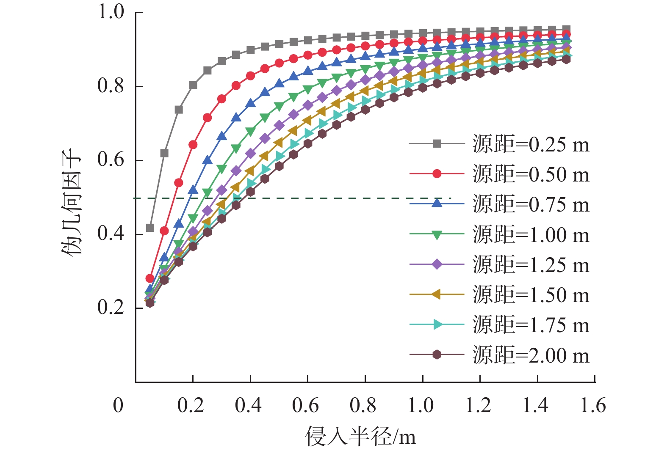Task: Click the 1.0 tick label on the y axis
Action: pyautogui.click(x=111, y=12)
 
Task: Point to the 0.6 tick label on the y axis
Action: pyautogui.click(x=111, y=160)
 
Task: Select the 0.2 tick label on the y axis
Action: pyautogui.click(x=111, y=308)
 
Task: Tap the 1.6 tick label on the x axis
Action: pyautogui.click(x=593, y=405)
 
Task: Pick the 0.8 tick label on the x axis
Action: pyautogui.click(x=363, y=405)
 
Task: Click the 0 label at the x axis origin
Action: pyautogui.click(x=118, y=405)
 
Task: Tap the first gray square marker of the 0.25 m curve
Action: pyautogui.click(x=150, y=228)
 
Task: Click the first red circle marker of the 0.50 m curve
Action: pyautogui.click(x=150, y=278)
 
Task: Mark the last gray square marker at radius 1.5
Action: pyautogui.click(x=566, y=29)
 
